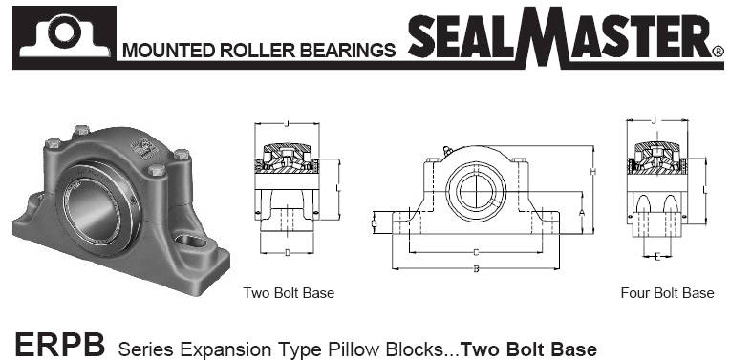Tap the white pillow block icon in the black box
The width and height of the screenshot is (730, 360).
pyautogui.click(x=64, y=36)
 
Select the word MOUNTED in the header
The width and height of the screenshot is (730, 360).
pyautogui.click(x=168, y=51)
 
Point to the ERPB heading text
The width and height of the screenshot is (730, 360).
pyautogui.click(x=59, y=344)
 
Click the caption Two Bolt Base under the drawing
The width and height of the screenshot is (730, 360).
pyautogui.click(x=289, y=292)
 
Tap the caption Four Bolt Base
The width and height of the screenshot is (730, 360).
pyautogui.click(x=667, y=292)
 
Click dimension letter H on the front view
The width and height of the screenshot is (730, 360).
pyautogui.click(x=593, y=172)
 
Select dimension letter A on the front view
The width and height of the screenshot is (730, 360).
pyautogui.click(x=582, y=213)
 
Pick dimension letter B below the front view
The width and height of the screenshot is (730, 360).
pyautogui.click(x=476, y=269)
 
